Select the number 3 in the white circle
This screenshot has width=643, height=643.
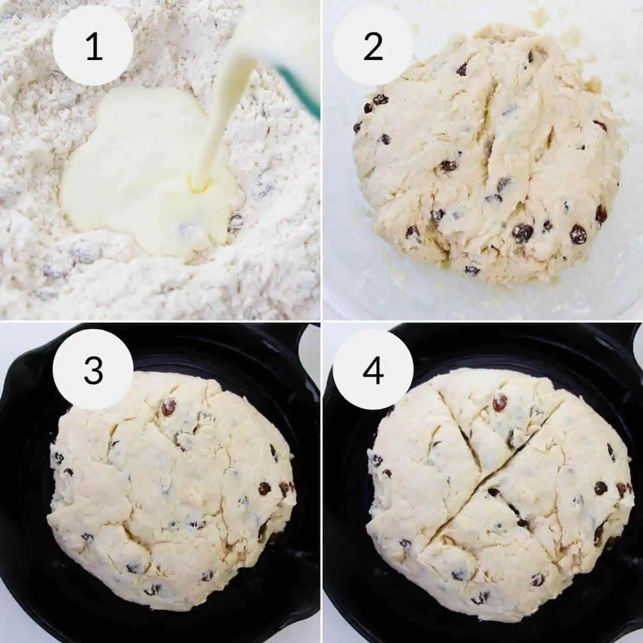point(94,369)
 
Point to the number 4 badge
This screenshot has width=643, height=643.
point(373,369)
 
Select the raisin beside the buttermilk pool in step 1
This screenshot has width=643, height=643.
point(235,220)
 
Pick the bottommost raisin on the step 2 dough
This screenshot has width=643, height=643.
point(472,270)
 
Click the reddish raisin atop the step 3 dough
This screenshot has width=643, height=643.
point(169,408)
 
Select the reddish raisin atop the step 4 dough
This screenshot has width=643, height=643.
point(499,401)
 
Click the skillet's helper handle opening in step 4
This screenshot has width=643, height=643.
point(632,343)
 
